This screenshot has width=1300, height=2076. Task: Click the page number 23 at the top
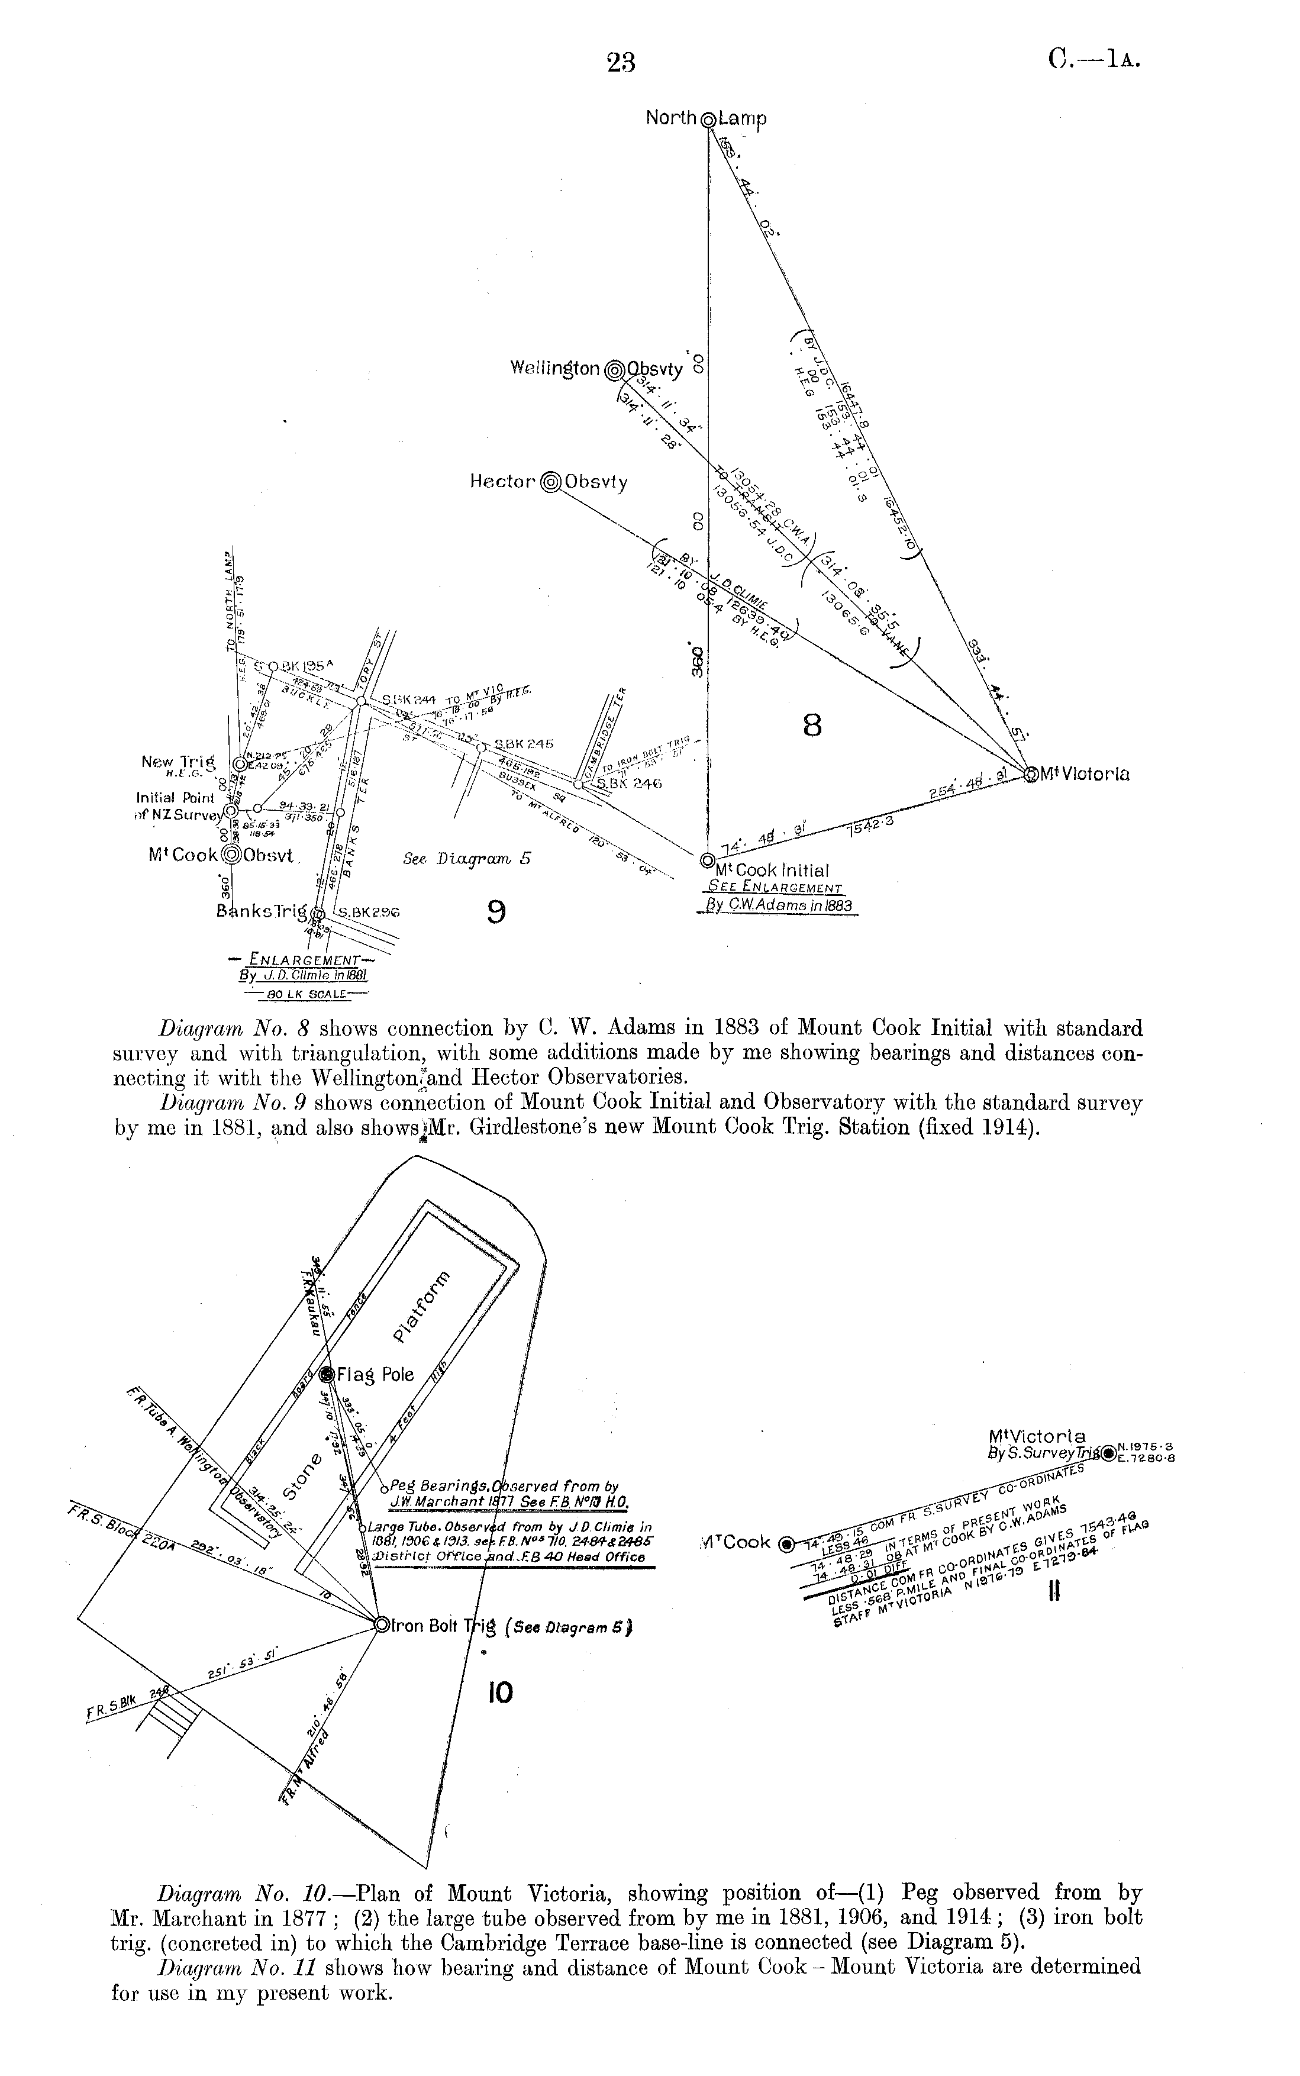point(621,62)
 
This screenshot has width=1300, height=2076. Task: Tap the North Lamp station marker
point(708,120)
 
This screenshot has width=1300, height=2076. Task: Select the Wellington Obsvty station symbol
point(615,370)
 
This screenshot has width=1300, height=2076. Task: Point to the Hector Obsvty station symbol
point(550,483)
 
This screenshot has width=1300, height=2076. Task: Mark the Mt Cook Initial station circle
point(707,860)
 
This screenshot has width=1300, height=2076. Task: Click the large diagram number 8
point(812,726)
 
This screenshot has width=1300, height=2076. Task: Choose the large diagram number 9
point(496,911)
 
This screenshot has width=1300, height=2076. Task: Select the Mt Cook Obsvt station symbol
point(230,855)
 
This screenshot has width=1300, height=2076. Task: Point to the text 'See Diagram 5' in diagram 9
point(466,859)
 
